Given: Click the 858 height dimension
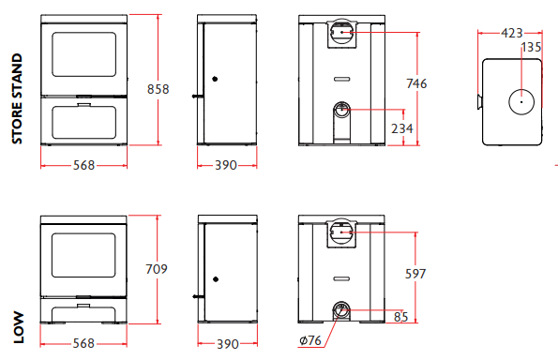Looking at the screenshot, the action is pyautogui.click(x=158, y=89).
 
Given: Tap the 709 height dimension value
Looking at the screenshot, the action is pyautogui.click(x=157, y=269).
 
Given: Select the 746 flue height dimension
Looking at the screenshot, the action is pyautogui.click(x=416, y=83).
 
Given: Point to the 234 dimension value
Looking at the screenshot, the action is pyautogui.click(x=402, y=128).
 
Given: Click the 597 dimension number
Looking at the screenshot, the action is pyautogui.click(x=415, y=274).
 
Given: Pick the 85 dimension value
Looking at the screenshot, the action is pyautogui.click(x=401, y=317).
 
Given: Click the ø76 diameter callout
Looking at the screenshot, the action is pyautogui.click(x=310, y=340).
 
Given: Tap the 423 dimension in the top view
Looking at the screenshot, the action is pyautogui.click(x=512, y=33).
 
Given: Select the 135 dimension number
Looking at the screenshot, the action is pyautogui.click(x=531, y=47).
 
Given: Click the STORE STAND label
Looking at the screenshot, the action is pyautogui.click(x=17, y=98).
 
